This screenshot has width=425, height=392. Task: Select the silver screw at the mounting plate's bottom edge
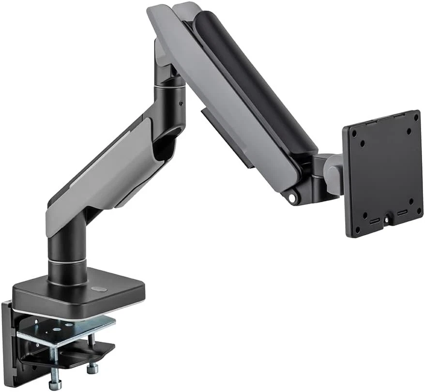tap(386, 219)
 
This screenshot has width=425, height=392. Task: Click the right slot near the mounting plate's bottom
tap(402, 212)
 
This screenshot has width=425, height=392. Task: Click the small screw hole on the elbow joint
tap(181, 103)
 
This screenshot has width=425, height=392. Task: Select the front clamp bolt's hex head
tap(55, 385)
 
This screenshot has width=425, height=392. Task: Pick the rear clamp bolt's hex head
tap(92, 369)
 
